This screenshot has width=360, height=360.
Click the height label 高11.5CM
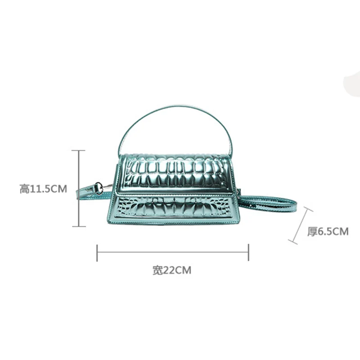coord(43,189)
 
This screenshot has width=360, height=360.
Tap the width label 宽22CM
coord(172,270)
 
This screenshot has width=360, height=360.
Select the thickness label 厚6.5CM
coord(328,232)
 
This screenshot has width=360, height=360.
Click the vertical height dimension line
coord(79,189)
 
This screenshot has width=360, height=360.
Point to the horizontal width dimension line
coord(173,252)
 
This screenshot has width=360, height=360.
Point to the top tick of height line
coord(79,151)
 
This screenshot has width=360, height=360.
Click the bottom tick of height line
coord(79,226)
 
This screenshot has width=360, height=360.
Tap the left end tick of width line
coord(97,252)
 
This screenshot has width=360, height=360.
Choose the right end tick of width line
coord(248,252)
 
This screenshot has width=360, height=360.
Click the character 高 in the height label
coord(24,189)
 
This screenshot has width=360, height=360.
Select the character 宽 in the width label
coord(157,270)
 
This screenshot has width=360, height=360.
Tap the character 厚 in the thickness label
coord(312,232)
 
